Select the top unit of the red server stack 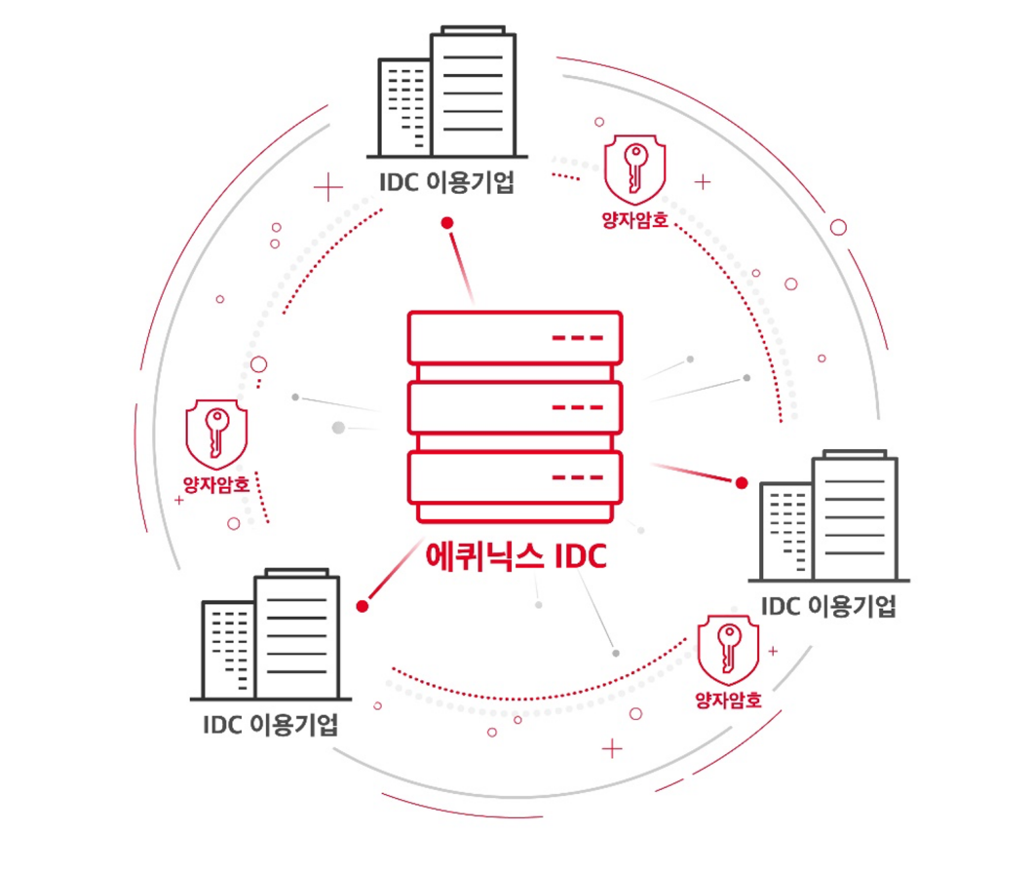515,337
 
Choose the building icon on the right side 829,516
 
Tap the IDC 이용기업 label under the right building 828,606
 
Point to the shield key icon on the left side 216,431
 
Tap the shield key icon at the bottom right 728,648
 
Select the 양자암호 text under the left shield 216,483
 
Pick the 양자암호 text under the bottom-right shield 728,700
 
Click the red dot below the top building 447,223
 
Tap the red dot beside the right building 741,482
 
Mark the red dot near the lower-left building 363,606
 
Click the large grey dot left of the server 338,427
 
